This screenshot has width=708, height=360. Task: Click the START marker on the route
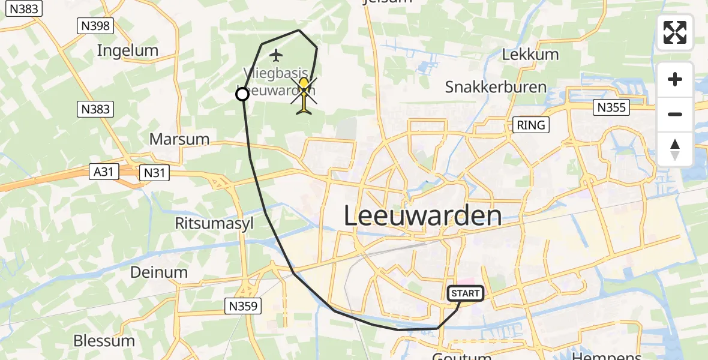click(466, 293)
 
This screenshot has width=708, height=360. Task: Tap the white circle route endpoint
click(242, 94)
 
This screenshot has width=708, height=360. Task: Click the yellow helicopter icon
click(305, 94)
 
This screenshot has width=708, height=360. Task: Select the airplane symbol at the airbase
click(276, 56)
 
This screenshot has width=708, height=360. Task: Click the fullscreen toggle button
click(675, 32)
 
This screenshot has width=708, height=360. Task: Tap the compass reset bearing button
click(675, 149)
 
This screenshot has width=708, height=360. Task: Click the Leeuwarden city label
click(423, 216)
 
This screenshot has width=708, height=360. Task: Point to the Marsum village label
click(179, 139)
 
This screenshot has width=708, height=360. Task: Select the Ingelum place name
click(128, 50)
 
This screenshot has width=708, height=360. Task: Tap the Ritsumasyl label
click(215, 224)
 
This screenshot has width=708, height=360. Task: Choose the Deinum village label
click(159, 272)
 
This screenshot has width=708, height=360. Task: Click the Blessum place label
click(104, 341)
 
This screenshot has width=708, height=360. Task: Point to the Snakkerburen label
click(496, 87)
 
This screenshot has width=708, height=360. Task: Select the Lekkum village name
click(530, 55)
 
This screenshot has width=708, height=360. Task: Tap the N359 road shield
click(244, 306)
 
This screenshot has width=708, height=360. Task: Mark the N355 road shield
click(611, 108)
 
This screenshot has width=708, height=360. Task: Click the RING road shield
click(532, 125)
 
